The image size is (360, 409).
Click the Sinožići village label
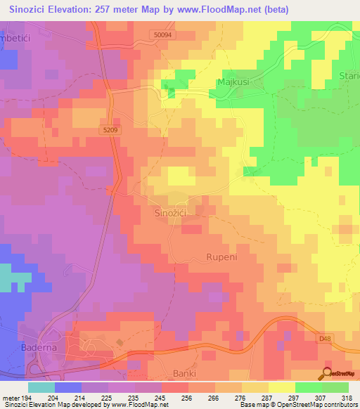pyautogui.click(x=169, y=212)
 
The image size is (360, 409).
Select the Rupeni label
pyautogui.click(x=224, y=257)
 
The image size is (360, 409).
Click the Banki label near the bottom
pyautogui.click(x=185, y=372)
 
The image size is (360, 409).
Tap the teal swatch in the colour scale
pyautogui.click(x=41, y=387)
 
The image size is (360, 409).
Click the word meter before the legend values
pyautogui.click(x=11, y=398)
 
